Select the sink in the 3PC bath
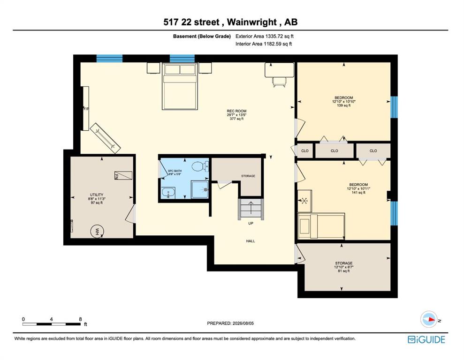[168, 193]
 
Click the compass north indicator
[429, 319]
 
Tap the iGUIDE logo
[426, 339]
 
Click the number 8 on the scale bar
[80, 319]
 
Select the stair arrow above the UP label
[251, 208]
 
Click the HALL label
[251, 241]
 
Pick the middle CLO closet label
[335, 151]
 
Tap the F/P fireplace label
[86, 109]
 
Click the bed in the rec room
[180, 86]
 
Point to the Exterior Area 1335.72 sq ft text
[265, 37]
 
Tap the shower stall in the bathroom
[200, 190]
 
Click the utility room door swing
[130, 214]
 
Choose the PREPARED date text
[230, 323]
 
